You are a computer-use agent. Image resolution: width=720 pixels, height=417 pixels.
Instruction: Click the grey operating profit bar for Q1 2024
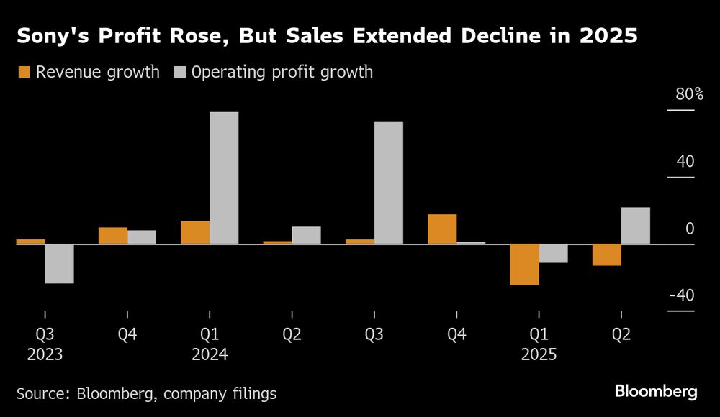point(224,178)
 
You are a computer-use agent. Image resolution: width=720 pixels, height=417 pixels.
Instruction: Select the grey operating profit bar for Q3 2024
point(389,183)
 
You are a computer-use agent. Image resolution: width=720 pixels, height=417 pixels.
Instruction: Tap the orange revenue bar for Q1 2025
point(525,265)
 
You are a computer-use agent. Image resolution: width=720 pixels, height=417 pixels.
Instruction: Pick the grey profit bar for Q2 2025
point(636,226)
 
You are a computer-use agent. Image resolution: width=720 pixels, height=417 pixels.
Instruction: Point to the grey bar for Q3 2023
point(60,264)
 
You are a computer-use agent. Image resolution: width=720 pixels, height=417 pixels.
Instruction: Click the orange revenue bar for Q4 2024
point(442,229)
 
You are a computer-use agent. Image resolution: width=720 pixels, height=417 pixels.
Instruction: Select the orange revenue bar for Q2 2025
point(607,255)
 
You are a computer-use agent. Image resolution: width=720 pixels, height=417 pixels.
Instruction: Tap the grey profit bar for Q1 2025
point(554,254)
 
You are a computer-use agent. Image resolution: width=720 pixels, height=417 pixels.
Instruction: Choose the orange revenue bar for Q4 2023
point(113,236)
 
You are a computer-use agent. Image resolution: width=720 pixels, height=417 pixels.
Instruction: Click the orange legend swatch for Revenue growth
point(24,72)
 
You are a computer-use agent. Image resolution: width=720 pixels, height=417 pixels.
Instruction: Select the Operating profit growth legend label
point(282,72)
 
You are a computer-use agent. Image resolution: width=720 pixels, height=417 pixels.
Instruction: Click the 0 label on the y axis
point(690,229)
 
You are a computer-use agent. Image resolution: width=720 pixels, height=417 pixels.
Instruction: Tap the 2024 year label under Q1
point(210,354)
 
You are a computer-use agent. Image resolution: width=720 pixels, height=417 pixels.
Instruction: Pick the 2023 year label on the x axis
point(45,354)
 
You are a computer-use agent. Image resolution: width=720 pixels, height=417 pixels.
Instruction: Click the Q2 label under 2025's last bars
point(621,334)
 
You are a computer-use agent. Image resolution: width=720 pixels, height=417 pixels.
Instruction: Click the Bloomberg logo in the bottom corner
point(656,392)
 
